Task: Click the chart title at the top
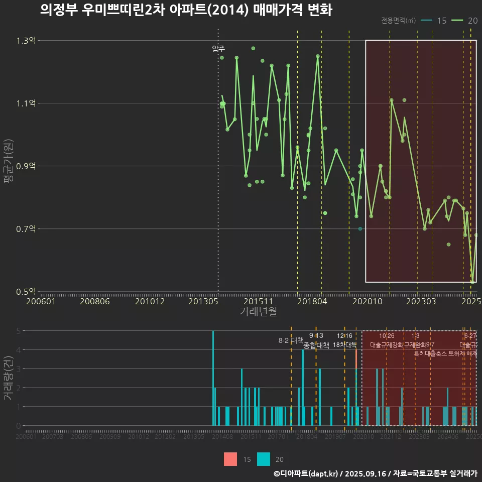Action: [186, 10]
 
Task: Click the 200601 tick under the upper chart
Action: [41, 302]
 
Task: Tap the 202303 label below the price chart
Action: [420, 302]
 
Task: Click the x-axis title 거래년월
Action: [258, 312]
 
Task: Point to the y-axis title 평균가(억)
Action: [9, 166]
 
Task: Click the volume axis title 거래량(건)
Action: [9, 378]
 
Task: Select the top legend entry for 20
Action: [465, 21]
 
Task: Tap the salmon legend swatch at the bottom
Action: [230, 459]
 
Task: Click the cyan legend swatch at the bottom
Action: [264, 459]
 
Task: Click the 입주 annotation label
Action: [218, 49]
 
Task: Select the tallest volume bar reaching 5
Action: [213, 378]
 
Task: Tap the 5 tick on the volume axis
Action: [19, 331]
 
